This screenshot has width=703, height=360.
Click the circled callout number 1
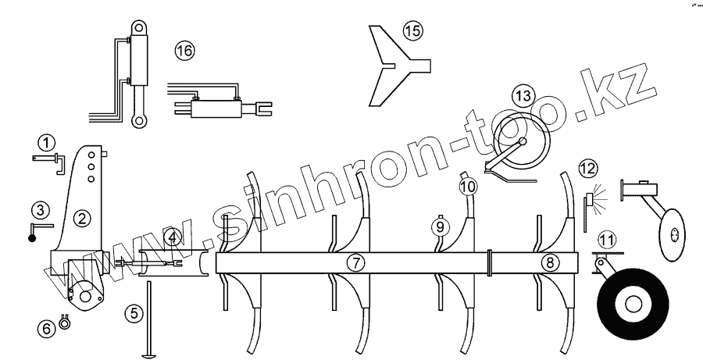click(48, 142)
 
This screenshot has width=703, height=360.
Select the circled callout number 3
click(40, 209)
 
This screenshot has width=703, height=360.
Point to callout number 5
click(135, 314)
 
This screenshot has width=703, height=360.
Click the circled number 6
click(47, 329)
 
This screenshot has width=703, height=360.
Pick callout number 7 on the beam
click(356, 263)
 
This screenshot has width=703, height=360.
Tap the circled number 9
click(441, 226)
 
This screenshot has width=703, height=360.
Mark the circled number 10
click(467, 187)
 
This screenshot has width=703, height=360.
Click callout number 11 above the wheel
click(606, 239)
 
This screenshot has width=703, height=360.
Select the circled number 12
click(587, 167)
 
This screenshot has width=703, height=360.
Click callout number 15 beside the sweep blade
click(412, 31)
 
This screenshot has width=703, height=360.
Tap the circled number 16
click(184, 52)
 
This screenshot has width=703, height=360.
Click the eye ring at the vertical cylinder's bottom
click(139, 119)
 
